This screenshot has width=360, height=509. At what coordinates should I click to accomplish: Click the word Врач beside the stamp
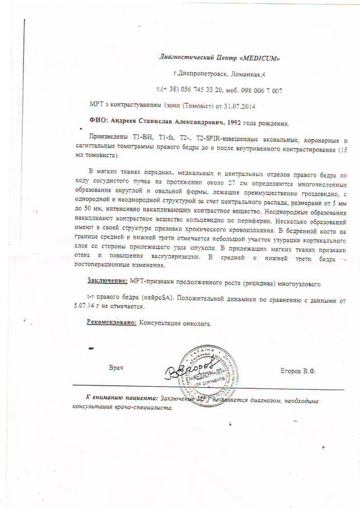point(118,367)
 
